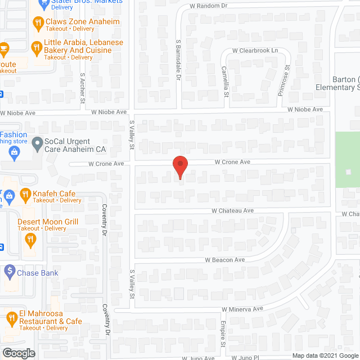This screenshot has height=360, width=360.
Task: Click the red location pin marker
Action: [x=179, y=166]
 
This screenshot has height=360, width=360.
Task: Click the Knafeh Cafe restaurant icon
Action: [x=25, y=195]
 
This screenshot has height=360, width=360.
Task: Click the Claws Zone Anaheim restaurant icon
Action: [x=38, y=23]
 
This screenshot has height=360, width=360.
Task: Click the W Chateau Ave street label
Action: [x=232, y=210]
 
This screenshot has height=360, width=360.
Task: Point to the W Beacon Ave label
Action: [x=224, y=260]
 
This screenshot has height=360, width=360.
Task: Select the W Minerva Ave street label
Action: [x=242, y=309]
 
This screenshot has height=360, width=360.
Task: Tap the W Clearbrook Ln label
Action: [x=256, y=51]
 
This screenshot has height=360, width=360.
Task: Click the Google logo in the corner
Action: [x=18, y=353]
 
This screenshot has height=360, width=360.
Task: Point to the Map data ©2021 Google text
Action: [x=325, y=355]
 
